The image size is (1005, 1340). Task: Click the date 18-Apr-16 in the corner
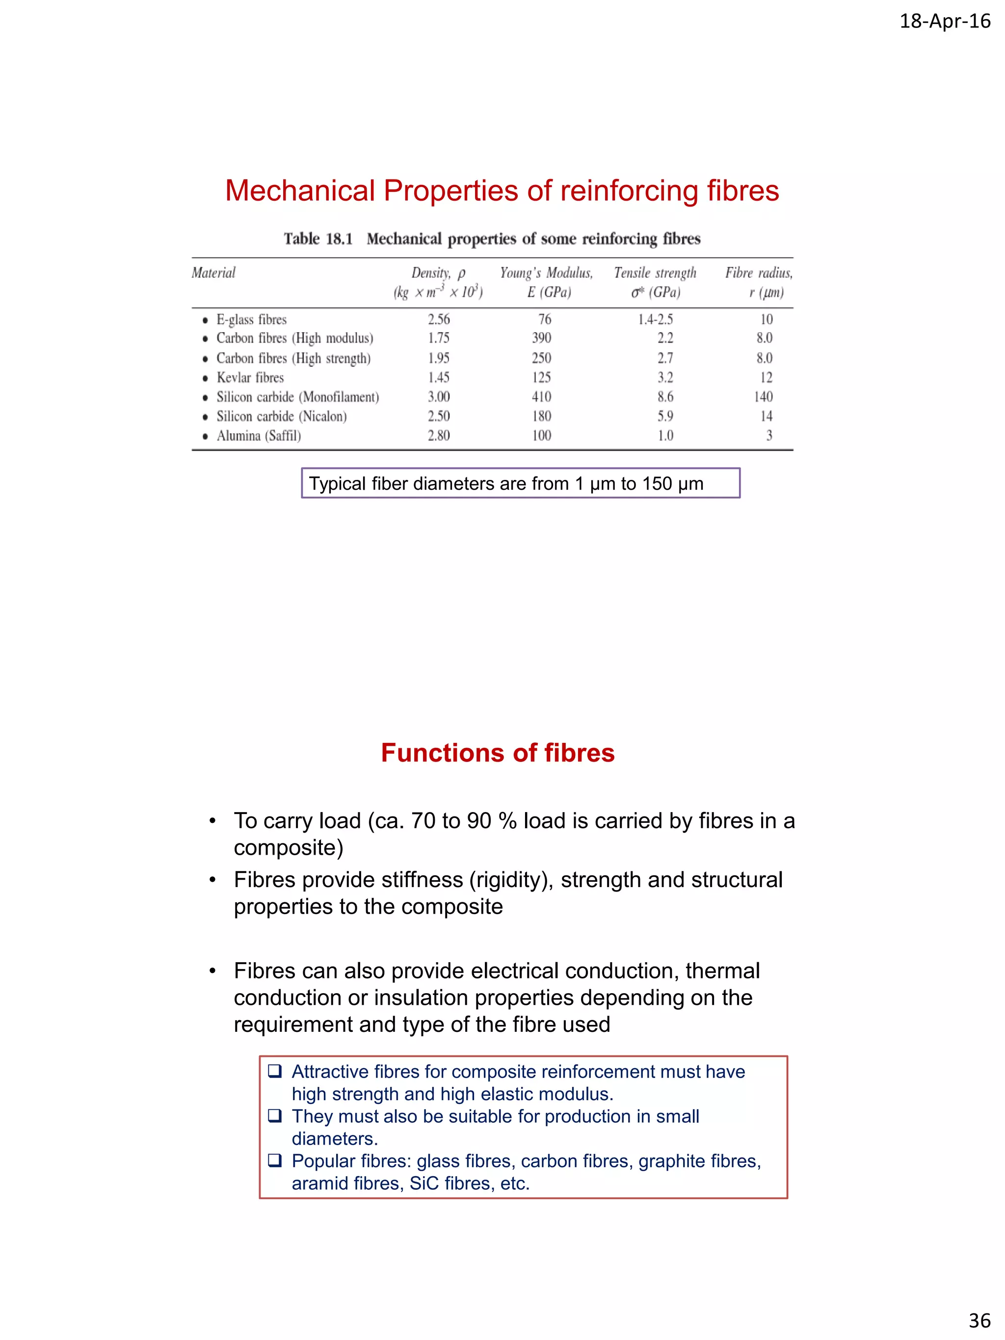945,21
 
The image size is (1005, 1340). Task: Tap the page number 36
979,1320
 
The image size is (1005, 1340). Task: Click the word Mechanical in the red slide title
299,191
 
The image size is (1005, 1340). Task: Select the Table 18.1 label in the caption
318,238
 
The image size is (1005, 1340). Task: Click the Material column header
213,273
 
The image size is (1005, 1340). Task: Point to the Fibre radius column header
759,273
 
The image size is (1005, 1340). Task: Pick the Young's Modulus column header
546,273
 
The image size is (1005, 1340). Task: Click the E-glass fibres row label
251,319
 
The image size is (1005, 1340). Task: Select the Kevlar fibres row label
250,377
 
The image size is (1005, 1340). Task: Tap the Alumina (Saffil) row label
259,436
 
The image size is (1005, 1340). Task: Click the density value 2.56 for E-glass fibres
439,319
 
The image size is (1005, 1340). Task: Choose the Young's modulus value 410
542,397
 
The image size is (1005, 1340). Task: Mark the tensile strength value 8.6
665,397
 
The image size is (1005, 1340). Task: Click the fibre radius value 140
763,397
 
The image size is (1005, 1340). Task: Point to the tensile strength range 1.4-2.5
655,319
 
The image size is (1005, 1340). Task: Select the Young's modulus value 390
542,338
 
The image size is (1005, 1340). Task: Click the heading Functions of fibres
498,753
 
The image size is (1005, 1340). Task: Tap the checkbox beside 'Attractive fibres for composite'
275,1071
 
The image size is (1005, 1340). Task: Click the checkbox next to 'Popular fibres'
275,1159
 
